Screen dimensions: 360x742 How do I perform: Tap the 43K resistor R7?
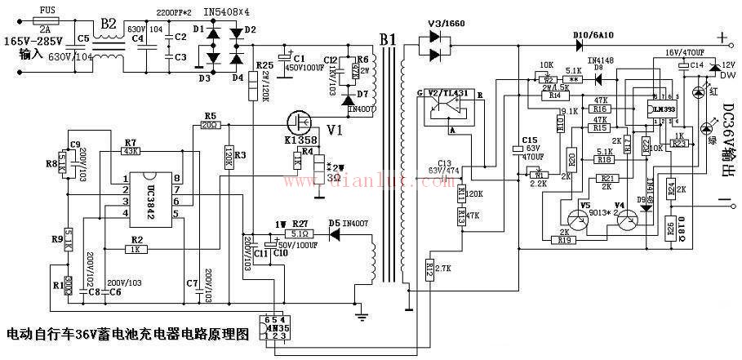(x=130, y=152)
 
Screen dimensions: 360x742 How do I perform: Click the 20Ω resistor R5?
(x=210, y=125)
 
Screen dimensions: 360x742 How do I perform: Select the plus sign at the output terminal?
(x=721, y=38)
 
